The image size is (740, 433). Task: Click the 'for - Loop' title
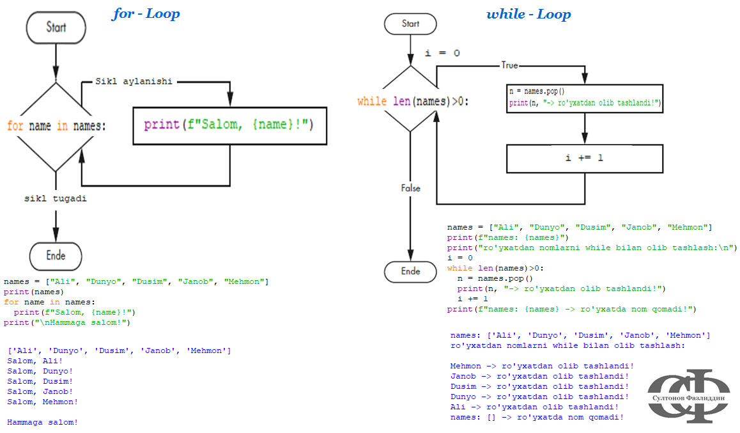146,13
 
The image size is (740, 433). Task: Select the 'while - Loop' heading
528,14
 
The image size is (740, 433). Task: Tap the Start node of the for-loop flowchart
56,28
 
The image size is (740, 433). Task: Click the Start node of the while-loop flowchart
410,24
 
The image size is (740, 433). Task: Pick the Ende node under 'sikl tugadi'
56,256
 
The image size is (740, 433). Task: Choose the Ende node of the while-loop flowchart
410,271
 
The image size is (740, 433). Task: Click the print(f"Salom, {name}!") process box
229,125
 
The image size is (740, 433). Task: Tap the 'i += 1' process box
584,158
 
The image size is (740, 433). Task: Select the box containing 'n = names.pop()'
584,97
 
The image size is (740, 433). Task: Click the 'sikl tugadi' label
56,199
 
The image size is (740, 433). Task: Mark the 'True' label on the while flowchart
510,65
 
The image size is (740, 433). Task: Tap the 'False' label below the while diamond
410,189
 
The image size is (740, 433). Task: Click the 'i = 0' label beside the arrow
442,53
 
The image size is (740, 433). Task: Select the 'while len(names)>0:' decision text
413,101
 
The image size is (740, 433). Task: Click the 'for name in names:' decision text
56,126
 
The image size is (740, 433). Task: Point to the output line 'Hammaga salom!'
42,422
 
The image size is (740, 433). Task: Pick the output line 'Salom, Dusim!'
40,381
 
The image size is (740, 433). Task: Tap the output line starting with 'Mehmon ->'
542,366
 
